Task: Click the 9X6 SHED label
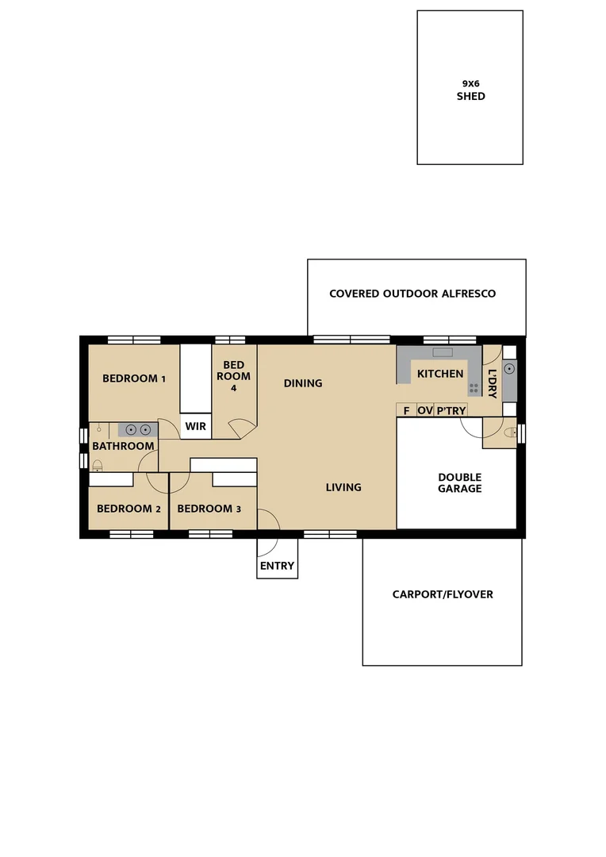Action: tap(470, 90)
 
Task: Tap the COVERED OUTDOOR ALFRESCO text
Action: tap(412, 294)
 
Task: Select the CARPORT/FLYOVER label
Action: tap(443, 594)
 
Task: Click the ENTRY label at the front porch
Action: tap(277, 566)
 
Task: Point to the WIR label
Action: tap(196, 426)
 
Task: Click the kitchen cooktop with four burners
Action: tap(474, 388)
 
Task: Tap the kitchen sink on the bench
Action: tap(442, 352)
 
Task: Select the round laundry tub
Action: tap(509, 368)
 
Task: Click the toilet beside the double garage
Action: tap(509, 432)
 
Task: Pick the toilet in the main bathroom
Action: tap(97, 467)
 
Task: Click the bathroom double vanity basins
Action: tap(138, 429)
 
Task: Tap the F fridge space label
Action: tap(406, 410)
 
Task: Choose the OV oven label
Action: tap(425, 410)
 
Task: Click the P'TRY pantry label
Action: tap(451, 410)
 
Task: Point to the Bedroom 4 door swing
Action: tap(241, 429)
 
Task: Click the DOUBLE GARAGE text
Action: tap(459, 483)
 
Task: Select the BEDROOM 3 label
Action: tap(209, 509)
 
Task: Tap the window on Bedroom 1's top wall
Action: tap(134, 340)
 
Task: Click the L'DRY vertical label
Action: tap(492, 383)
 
